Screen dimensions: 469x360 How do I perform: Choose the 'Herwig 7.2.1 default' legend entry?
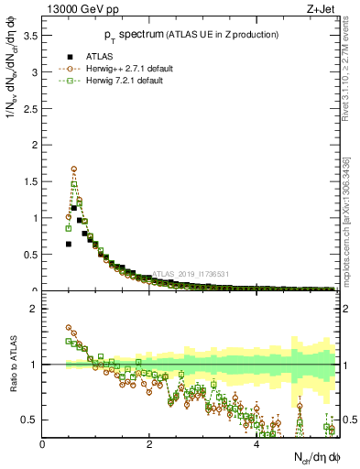point(111,81)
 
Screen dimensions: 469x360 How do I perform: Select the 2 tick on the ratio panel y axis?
point(35,309)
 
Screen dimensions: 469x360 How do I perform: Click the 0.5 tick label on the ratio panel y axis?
point(30,420)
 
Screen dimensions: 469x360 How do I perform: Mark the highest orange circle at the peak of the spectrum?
point(73,169)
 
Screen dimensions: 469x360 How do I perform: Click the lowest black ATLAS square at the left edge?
point(69,244)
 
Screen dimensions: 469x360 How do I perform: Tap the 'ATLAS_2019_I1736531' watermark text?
point(191,273)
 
